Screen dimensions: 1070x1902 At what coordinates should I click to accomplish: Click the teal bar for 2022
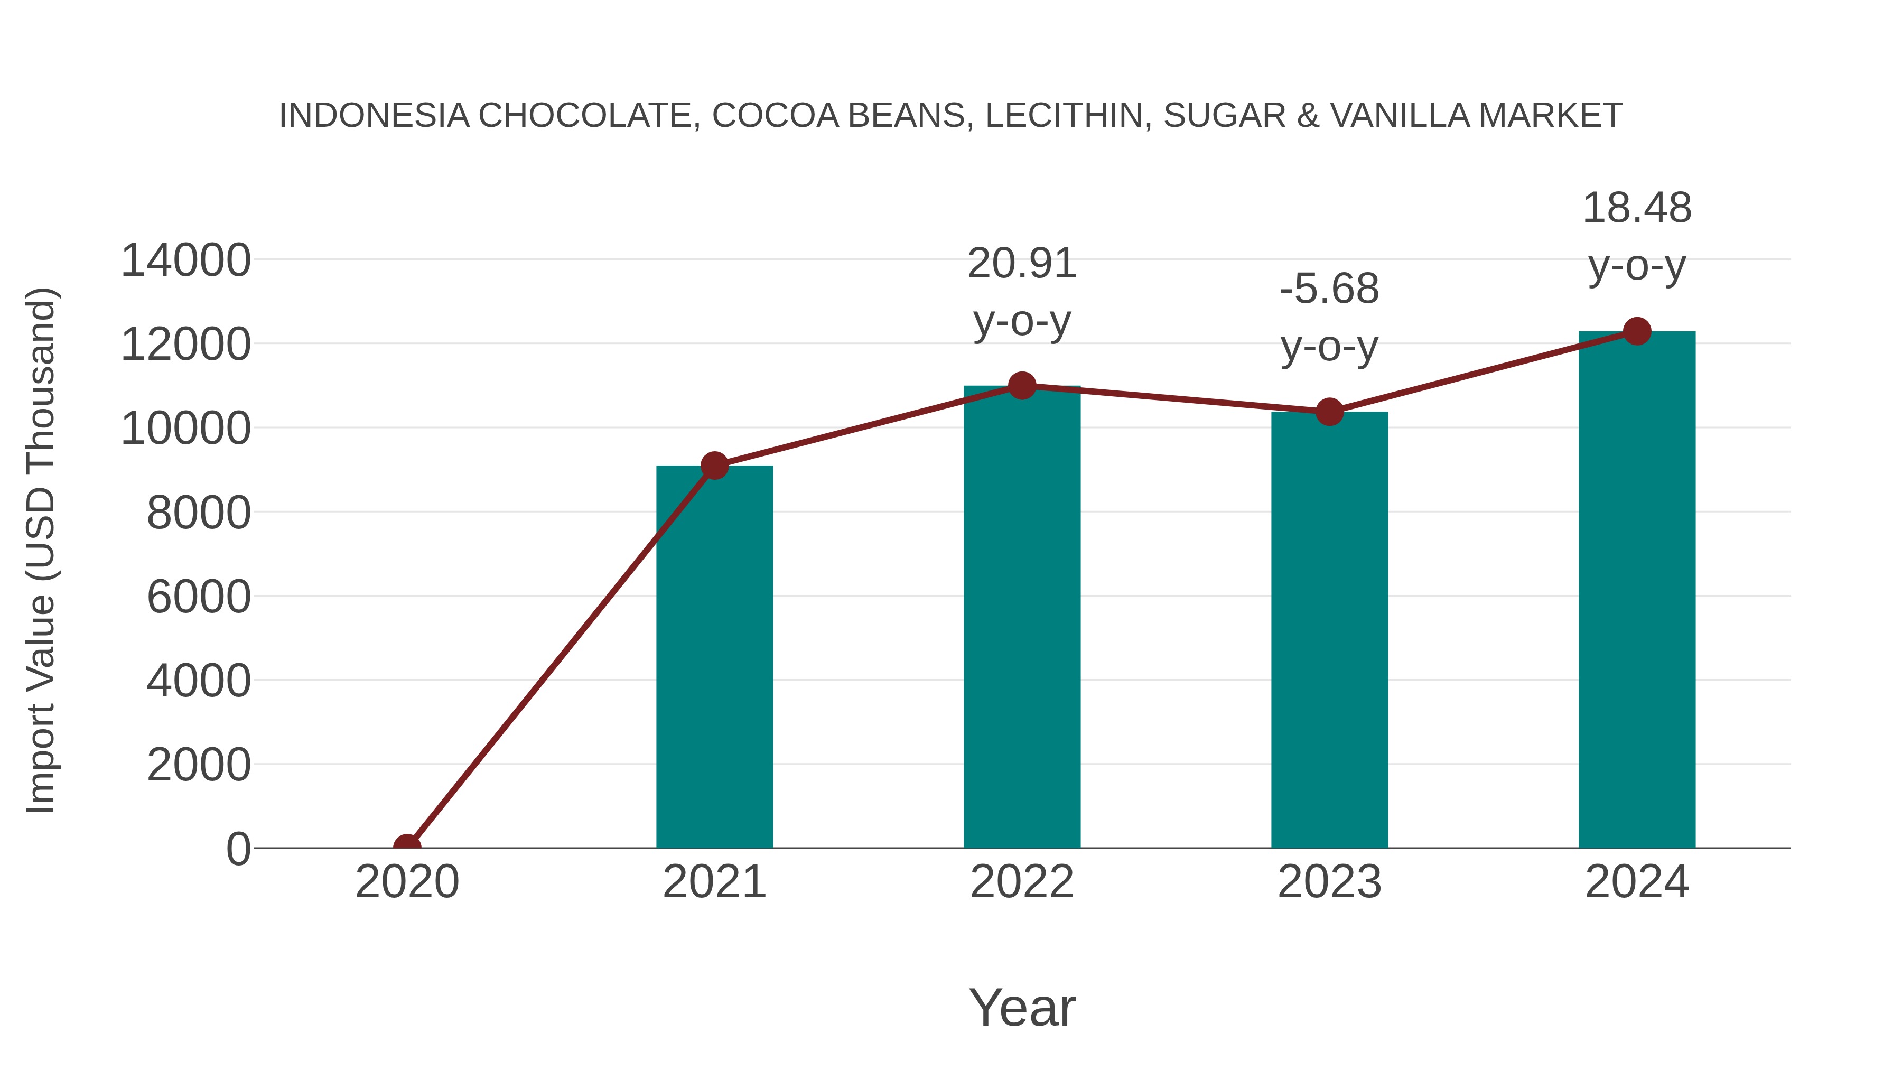pyautogui.click(x=1022, y=617)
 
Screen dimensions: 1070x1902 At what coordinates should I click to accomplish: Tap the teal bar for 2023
pyautogui.click(x=1329, y=630)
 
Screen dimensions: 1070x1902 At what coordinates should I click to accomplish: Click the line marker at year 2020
pyautogui.click(x=407, y=846)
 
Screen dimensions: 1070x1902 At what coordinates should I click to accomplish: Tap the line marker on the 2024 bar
pyautogui.click(x=1637, y=331)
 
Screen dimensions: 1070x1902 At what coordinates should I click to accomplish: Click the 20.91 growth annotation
pyautogui.click(x=1022, y=292)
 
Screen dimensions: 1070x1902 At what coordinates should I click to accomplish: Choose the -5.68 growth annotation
pyautogui.click(x=1329, y=317)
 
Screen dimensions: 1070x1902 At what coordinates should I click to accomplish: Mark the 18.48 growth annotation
pyautogui.click(x=1637, y=236)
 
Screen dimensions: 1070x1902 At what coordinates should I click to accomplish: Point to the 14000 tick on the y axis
pyautogui.click(x=186, y=260)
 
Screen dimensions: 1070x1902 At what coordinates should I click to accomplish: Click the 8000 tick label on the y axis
pyautogui.click(x=199, y=513)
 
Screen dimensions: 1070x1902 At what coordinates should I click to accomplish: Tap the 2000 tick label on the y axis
pyautogui.click(x=199, y=765)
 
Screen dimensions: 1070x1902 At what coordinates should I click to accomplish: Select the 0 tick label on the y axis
pyautogui.click(x=238, y=849)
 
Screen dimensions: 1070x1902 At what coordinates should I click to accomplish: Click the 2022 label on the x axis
pyautogui.click(x=1022, y=882)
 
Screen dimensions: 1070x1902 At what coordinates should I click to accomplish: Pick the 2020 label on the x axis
pyautogui.click(x=407, y=882)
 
